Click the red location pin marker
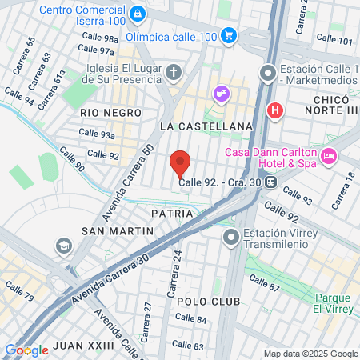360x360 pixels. [180, 162]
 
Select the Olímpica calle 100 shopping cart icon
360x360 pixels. [230, 35]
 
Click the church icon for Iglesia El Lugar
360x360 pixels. [174, 74]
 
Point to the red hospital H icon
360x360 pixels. [275, 110]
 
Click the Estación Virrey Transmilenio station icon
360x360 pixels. [232, 237]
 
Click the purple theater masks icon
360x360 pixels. [219, 94]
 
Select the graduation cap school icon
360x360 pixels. [62, 245]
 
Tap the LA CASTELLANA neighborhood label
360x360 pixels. [206, 126]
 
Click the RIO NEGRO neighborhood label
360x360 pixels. [110, 114]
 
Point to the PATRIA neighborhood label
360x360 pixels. [171, 214]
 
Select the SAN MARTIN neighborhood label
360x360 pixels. [118, 231]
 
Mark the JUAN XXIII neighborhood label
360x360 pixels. [84, 346]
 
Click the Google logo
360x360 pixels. [26, 350]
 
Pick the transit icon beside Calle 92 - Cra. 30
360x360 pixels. [271, 182]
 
